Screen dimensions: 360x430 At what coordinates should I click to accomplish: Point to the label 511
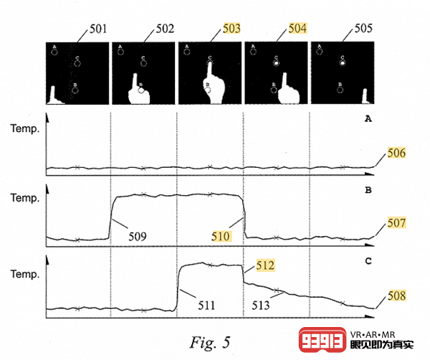coord(206,305)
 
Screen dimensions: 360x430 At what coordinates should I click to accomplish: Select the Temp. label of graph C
coord(22,273)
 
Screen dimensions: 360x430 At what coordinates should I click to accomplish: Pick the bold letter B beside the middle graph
coord(368,191)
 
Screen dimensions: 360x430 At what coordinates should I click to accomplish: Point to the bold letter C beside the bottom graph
coord(368,261)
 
